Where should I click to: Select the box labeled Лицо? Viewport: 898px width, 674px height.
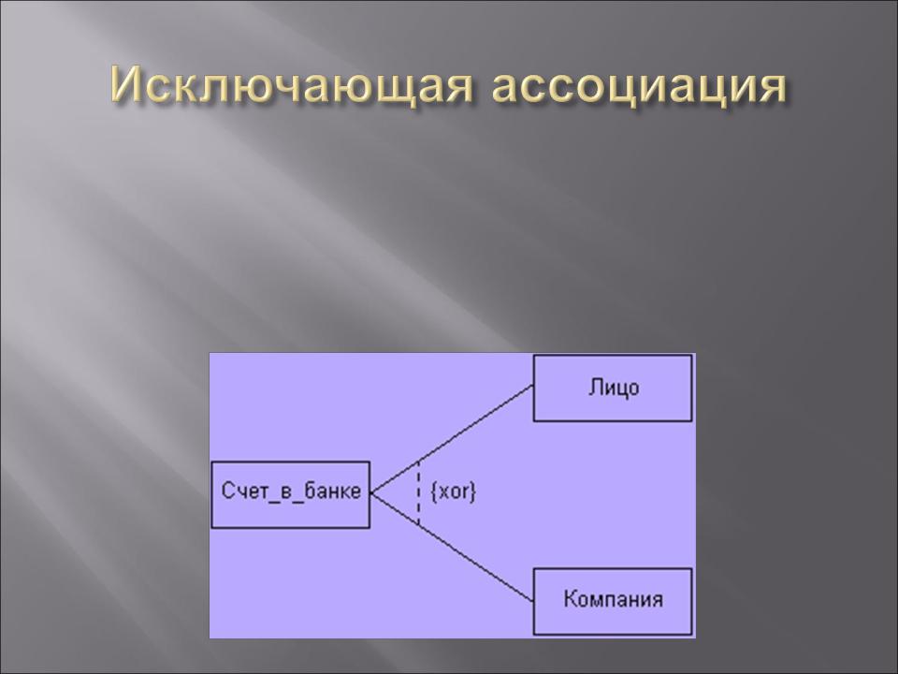(x=613, y=388)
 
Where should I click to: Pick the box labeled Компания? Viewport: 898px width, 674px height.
(x=613, y=601)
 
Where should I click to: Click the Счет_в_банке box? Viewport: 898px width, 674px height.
(x=290, y=494)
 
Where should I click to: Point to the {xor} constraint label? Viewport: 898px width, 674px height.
(x=453, y=491)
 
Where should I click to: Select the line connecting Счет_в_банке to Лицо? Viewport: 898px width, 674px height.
(x=452, y=438)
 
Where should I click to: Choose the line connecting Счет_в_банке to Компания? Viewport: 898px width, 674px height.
(x=452, y=547)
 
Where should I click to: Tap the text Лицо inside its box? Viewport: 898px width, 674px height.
(x=614, y=388)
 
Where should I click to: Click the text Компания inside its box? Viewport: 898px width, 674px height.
(x=614, y=599)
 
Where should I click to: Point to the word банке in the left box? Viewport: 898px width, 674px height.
(x=333, y=491)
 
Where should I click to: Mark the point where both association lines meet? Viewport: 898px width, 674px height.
(x=371, y=493)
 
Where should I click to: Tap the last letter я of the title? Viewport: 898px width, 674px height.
(x=771, y=90)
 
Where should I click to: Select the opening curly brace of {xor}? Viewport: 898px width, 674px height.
(x=433, y=491)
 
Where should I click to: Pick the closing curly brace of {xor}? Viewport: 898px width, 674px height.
(x=473, y=491)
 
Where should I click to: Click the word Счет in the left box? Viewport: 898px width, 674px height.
(x=242, y=491)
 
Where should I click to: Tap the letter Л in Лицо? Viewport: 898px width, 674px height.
(x=594, y=388)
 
